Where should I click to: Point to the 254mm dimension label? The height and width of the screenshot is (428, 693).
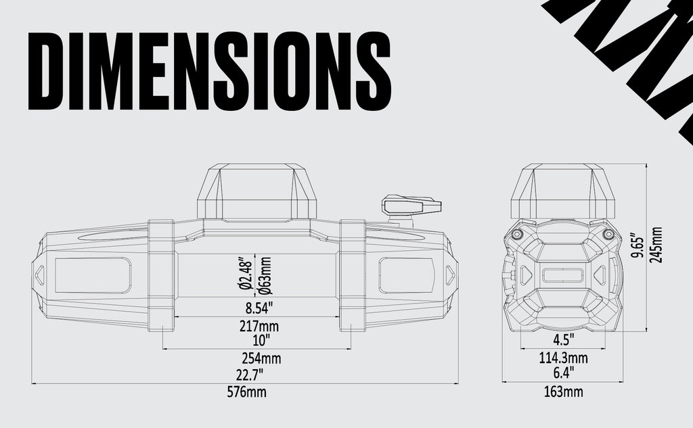click(258, 357)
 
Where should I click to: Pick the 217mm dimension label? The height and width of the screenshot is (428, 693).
click(259, 327)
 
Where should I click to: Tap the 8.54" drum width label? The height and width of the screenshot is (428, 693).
click(259, 309)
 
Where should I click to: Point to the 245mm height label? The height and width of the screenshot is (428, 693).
click(656, 245)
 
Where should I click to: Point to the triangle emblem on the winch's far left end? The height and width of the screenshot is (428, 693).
click(40, 275)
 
